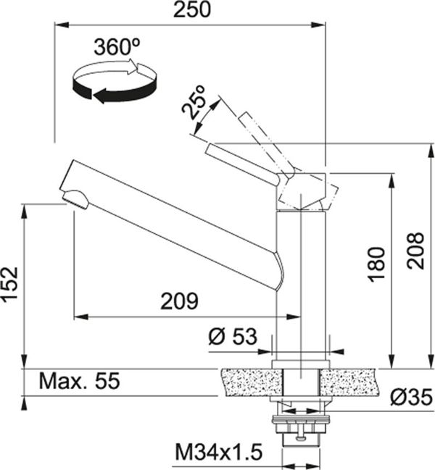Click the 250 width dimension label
click(x=192, y=9)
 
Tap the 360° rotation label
click(x=117, y=47)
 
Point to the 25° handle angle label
click(x=194, y=102)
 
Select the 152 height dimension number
click(x=10, y=285)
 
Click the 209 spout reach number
click(x=179, y=301)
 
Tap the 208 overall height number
click(x=416, y=251)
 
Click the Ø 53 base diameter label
click(x=233, y=336)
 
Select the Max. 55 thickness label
click(x=80, y=381)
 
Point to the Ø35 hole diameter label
click(x=412, y=398)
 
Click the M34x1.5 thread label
click(x=219, y=452)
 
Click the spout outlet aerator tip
click(x=75, y=198)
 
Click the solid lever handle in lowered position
click(x=242, y=164)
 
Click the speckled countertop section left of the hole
click(x=252, y=382)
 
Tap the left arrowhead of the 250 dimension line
click(x=62, y=25)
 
